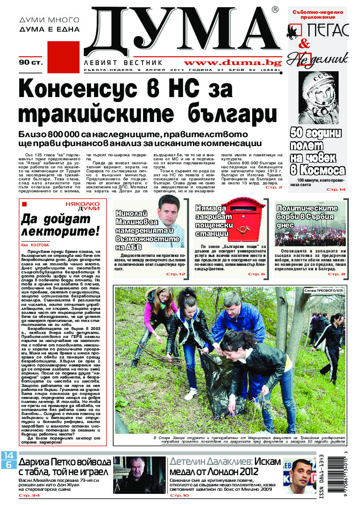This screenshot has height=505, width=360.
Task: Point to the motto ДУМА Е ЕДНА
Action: click(x=49, y=29)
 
